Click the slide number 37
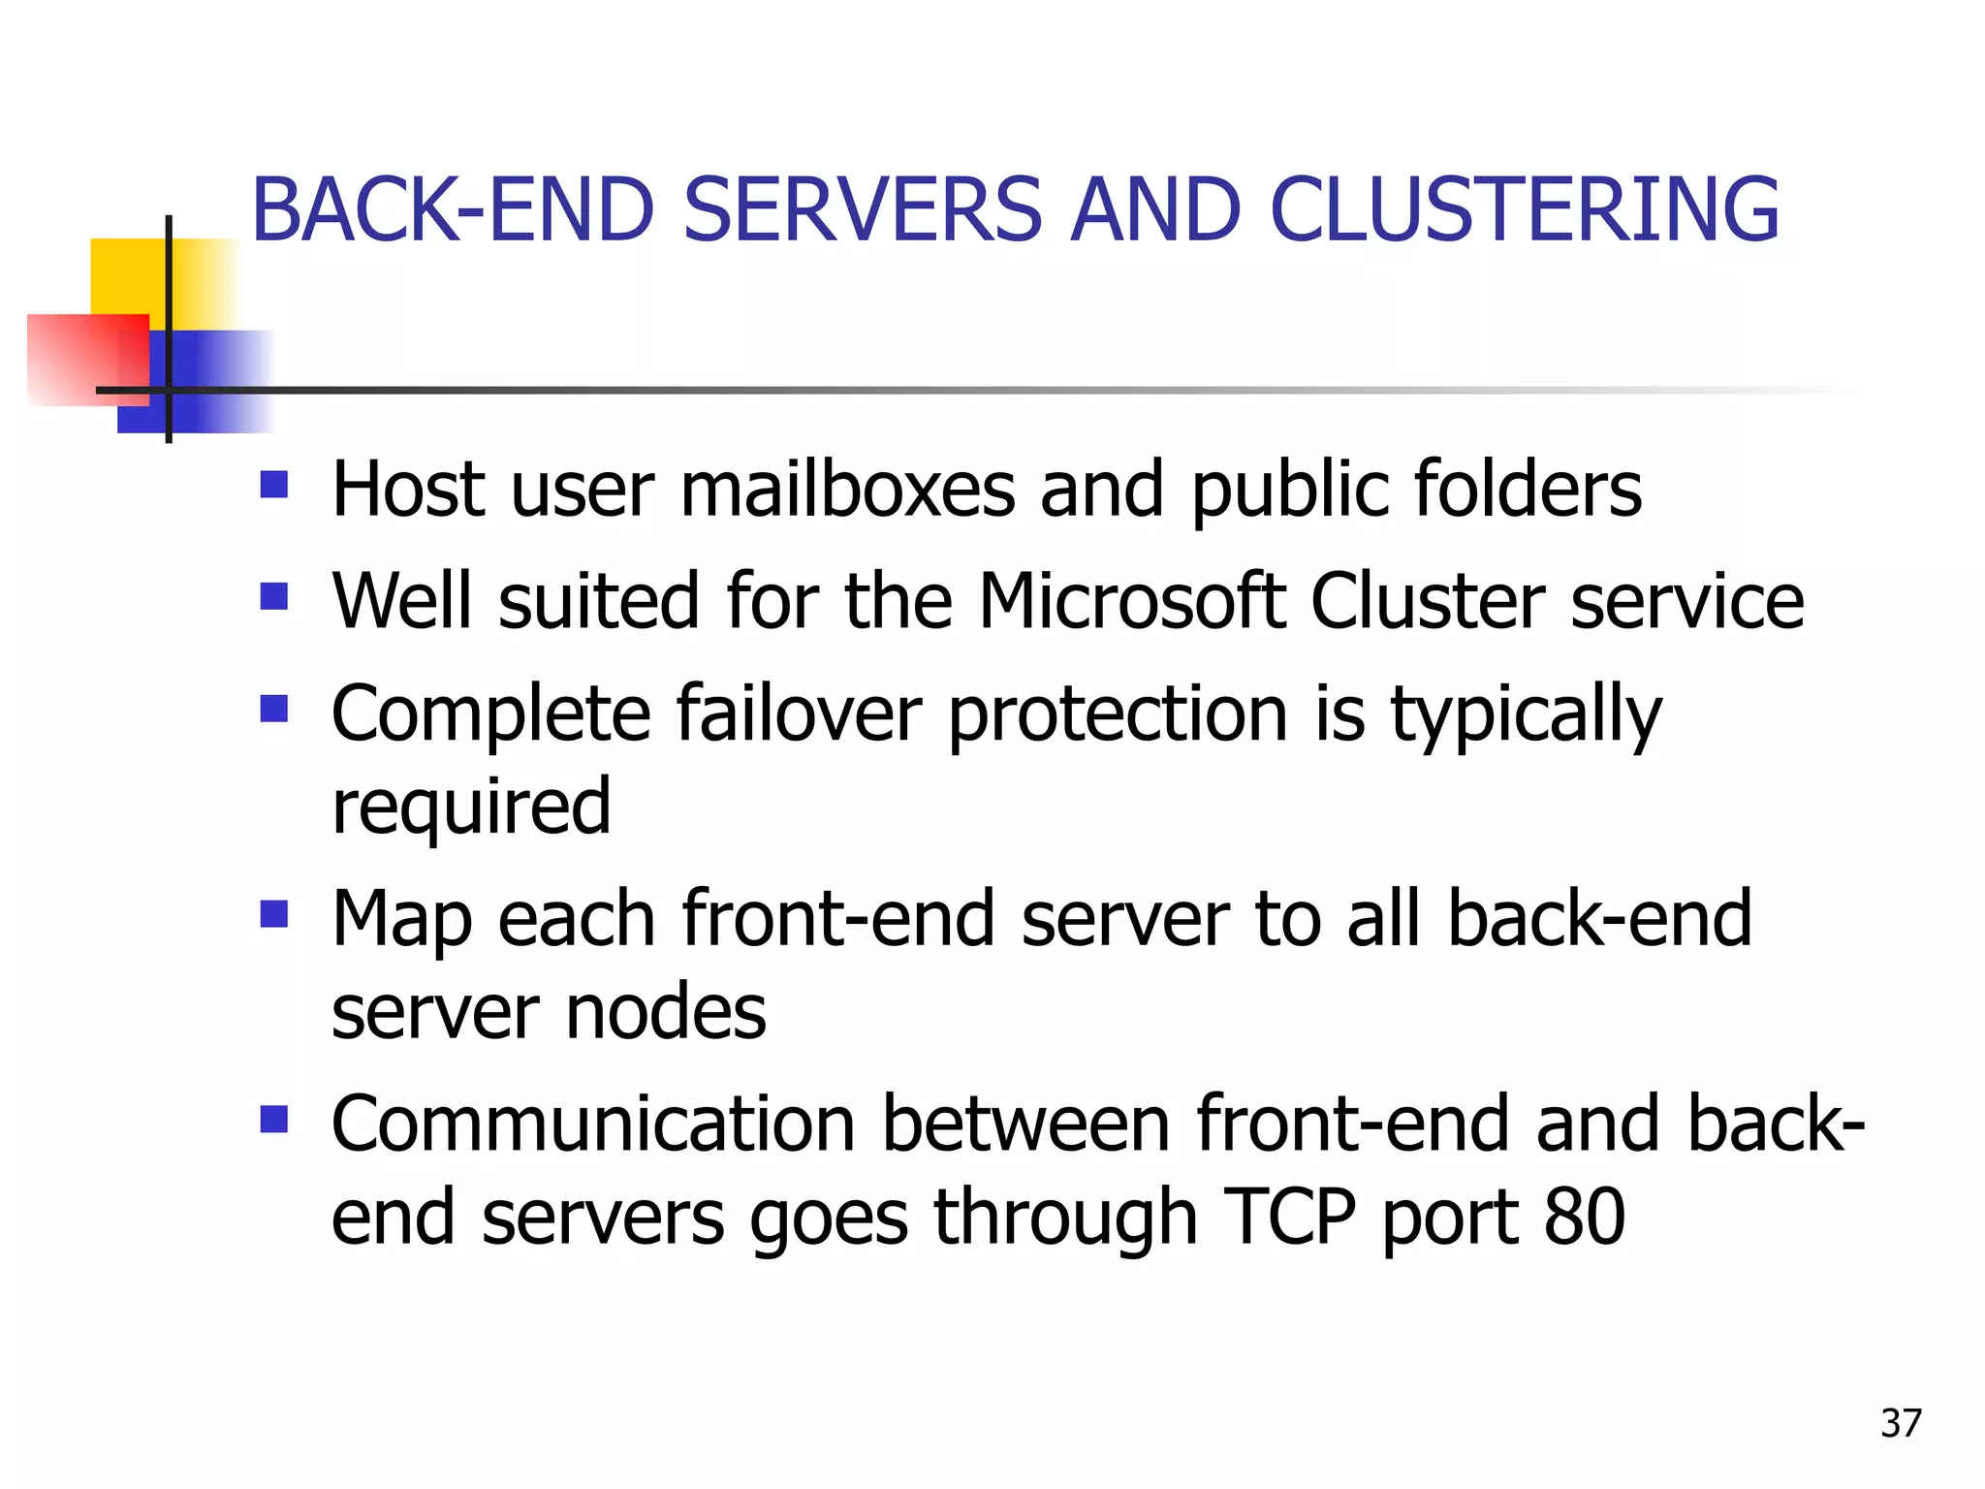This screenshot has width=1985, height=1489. point(1900,1423)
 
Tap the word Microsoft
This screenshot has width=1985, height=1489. point(1131,601)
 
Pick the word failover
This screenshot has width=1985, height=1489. point(798,713)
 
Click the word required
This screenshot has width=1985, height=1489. point(471,807)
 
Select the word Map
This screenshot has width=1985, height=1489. point(401,919)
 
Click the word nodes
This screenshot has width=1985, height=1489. point(666,1012)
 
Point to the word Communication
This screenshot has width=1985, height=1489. point(592,1125)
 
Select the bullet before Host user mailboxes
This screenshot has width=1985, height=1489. point(274,484)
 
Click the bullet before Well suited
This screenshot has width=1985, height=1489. point(274,595)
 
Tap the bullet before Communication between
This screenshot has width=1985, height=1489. point(274,1119)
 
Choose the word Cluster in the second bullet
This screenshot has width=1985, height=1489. point(1427,601)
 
